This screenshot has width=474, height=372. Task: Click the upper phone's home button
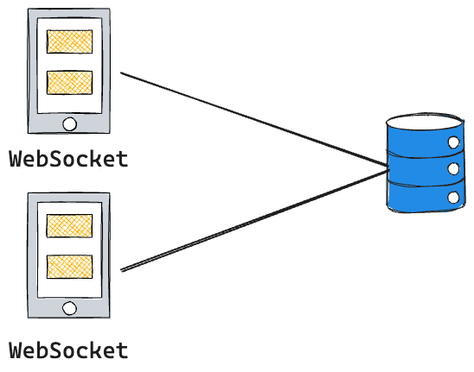click(69, 123)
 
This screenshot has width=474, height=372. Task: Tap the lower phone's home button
click(69, 307)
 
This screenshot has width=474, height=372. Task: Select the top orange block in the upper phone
click(69, 41)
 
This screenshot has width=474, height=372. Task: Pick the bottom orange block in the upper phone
click(69, 82)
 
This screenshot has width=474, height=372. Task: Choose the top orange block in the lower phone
click(69, 225)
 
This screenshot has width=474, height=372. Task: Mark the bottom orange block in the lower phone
click(69, 266)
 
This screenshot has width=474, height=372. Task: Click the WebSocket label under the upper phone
click(68, 159)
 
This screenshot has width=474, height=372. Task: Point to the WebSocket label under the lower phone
click(68, 351)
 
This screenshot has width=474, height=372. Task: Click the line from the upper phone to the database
click(251, 118)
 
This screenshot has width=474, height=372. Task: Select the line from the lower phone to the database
click(251, 221)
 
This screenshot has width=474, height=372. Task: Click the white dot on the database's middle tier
click(452, 170)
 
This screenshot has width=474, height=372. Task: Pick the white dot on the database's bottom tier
click(452, 198)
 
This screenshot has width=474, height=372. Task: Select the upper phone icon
click(69, 71)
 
